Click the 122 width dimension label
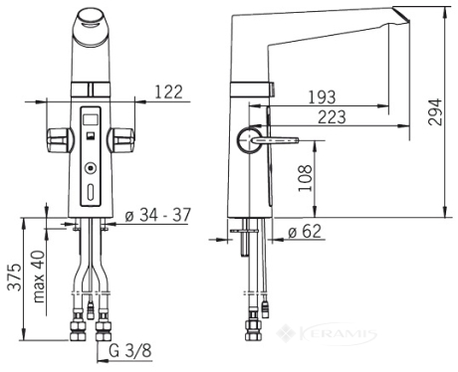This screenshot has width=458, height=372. point(169,92)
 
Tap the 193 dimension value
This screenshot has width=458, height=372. point(322,97)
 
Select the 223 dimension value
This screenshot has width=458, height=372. point(332,117)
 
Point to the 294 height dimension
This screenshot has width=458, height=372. point(435,111)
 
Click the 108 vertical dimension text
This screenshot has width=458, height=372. point(306,178)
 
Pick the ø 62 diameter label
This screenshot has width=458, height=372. point(305,231)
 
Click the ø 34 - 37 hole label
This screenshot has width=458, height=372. point(158,215)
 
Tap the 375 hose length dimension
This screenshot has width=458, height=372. point(15,278)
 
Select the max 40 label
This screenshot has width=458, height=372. point(39,277)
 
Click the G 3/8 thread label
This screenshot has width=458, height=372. point(130,350)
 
